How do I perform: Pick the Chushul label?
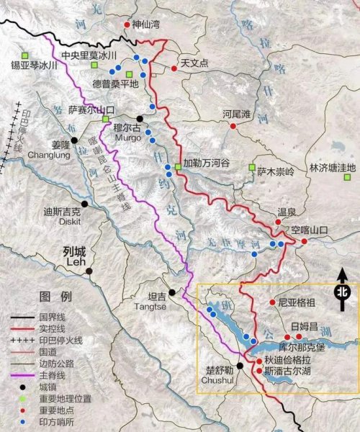[x=215, y=379]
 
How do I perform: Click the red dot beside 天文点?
[x=174, y=68]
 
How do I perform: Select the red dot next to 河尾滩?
[x=233, y=125]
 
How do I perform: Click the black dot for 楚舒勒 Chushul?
[x=239, y=366]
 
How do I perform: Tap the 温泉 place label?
[x=287, y=212]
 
